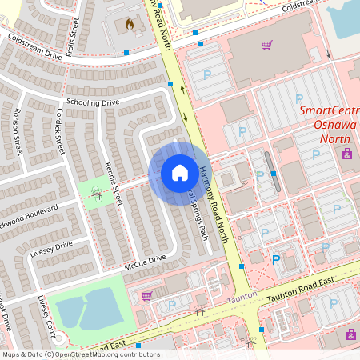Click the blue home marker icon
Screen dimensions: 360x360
point(179,172)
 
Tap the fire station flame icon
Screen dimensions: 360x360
point(129,25)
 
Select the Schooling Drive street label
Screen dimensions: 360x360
point(93,102)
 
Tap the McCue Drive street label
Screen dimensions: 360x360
point(144,258)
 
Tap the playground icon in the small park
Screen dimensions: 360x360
point(97,192)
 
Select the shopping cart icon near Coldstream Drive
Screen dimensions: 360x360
point(267,45)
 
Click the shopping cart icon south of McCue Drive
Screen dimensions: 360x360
point(146,295)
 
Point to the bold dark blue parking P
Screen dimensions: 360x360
point(277,260)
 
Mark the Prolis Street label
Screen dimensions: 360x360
point(74,31)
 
